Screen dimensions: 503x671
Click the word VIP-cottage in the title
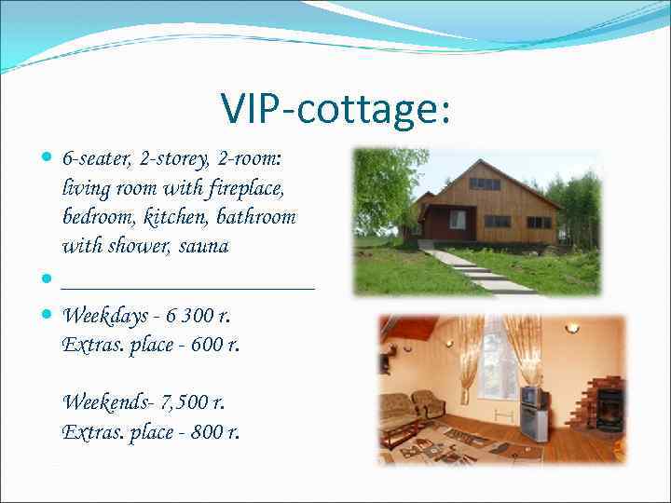click(335, 109)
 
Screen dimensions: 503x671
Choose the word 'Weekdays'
click(101, 317)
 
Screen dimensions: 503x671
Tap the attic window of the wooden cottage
click(484, 184)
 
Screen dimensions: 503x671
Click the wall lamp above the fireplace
click(570, 329)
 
